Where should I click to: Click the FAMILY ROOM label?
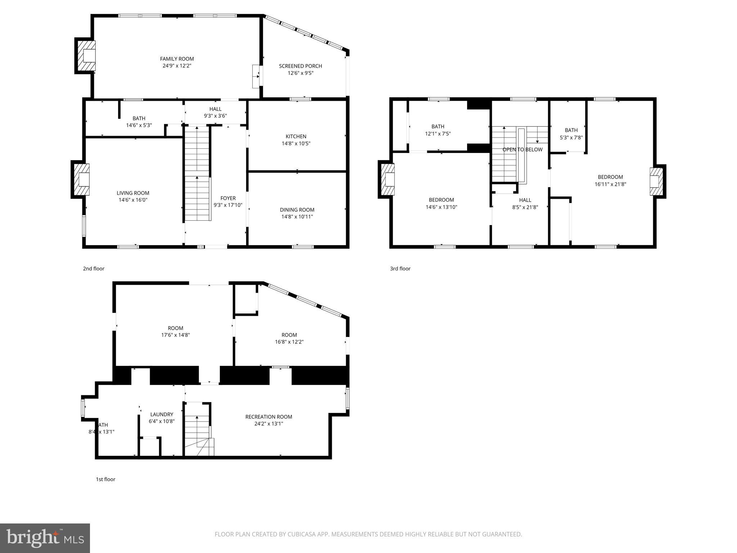pyautogui.click(x=177, y=59)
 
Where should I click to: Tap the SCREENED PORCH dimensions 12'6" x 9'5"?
pyautogui.click(x=300, y=73)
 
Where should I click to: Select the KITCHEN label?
pyautogui.click(x=296, y=136)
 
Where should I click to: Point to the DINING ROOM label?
pyautogui.click(x=297, y=210)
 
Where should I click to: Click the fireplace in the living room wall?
pyautogui.click(x=81, y=179)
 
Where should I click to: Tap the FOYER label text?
pyautogui.click(x=228, y=198)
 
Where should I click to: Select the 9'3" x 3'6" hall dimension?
pyautogui.click(x=215, y=116)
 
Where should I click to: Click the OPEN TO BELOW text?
pyautogui.click(x=522, y=149)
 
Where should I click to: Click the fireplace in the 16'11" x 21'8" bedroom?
pyautogui.click(x=656, y=181)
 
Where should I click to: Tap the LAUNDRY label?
pyautogui.click(x=162, y=414)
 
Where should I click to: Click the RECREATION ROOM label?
pyautogui.click(x=268, y=417)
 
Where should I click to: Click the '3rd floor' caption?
pyautogui.click(x=400, y=269)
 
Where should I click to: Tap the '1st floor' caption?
pyautogui.click(x=105, y=479)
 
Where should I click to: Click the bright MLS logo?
pyautogui.click(x=45, y=538)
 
